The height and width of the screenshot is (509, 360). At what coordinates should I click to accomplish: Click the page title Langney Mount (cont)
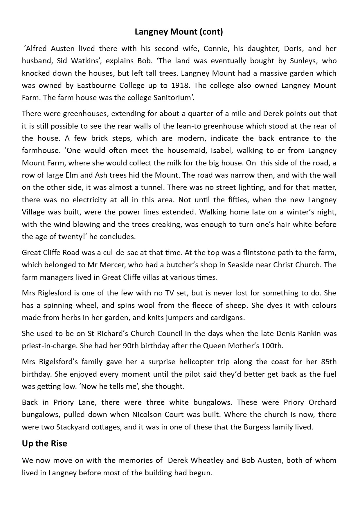179,32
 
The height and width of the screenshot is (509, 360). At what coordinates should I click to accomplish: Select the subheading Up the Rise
44,443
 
